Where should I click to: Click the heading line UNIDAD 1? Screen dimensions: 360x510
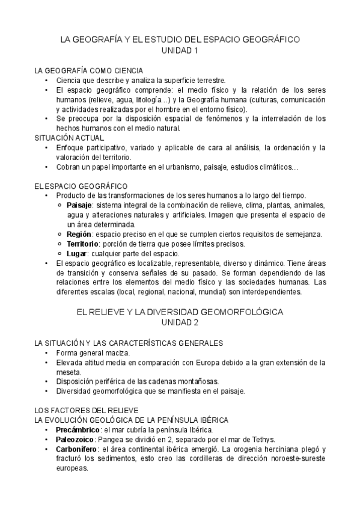tap(180, 51)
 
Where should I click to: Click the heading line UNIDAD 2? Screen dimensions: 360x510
tap(180, 324)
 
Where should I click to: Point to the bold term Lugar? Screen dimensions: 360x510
tap(76, 253)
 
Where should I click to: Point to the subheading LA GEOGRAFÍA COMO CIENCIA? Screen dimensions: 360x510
tap(89, 70)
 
